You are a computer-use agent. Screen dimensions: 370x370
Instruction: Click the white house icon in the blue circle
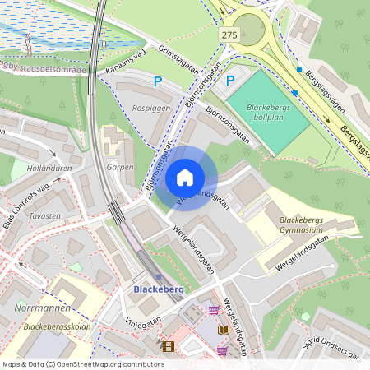click(x=185, y=178)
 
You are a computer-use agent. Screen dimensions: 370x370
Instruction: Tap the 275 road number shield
click(x=230, y=34)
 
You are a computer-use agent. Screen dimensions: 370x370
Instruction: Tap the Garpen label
click(x=120, y=167)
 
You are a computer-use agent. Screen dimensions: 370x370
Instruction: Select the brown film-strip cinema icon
click(x=169, y=347)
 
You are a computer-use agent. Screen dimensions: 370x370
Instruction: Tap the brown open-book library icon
click(x=224, y=330)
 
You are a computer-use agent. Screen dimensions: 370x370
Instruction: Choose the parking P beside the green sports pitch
click(x=230, y=81)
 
